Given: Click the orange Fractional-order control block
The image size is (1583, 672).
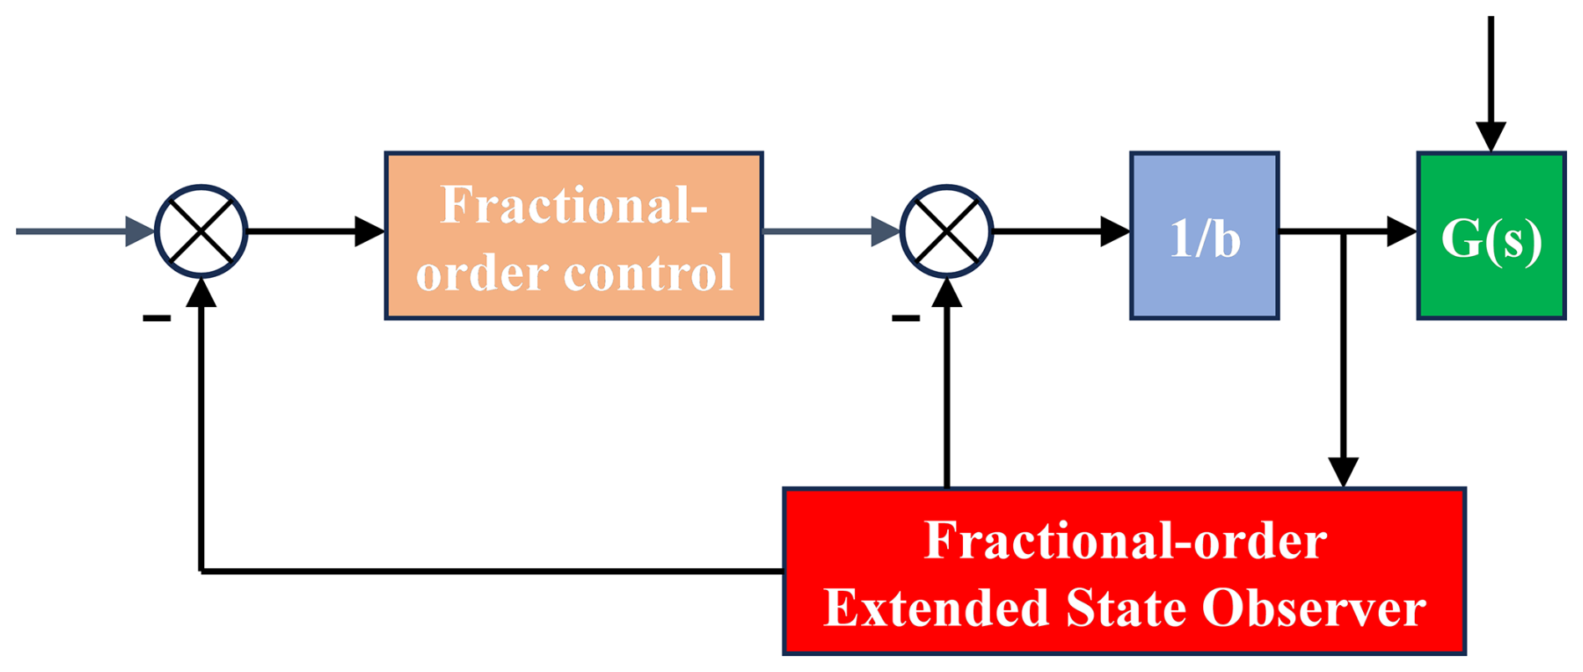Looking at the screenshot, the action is pos(573,236).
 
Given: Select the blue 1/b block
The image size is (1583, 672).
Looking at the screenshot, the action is pos(1204,236).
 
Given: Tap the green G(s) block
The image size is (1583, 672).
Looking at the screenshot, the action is pos(1491,236).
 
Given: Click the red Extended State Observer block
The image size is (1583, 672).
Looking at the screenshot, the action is pos(1124,571).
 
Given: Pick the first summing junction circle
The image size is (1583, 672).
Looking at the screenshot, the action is pos(201,232).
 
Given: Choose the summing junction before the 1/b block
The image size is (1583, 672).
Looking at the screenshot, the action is pos(946,232).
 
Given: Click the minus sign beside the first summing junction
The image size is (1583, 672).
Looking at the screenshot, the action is pos(156,318).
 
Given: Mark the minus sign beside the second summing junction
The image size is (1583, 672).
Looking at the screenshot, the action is pos(905,318).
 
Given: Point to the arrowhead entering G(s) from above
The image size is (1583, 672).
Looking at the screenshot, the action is pos(1491,136).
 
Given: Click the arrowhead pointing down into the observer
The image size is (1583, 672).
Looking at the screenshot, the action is pos(1343,472).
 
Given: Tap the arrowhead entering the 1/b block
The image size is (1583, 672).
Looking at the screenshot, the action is pos(1115,232).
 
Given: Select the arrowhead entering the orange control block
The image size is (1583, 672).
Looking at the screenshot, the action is pos(370,232).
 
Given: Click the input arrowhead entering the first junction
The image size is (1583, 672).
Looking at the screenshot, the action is pos(141,232).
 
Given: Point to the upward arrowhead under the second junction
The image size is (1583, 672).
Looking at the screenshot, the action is pos(946,293).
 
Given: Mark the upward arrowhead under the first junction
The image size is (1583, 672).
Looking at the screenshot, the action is pos(201,293).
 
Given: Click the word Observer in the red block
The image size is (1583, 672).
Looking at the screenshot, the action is pos(1314,608).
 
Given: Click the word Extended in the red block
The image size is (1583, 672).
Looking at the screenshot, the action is pos(936,608).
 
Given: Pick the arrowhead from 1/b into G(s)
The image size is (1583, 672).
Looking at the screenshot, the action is pos(1402,232).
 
